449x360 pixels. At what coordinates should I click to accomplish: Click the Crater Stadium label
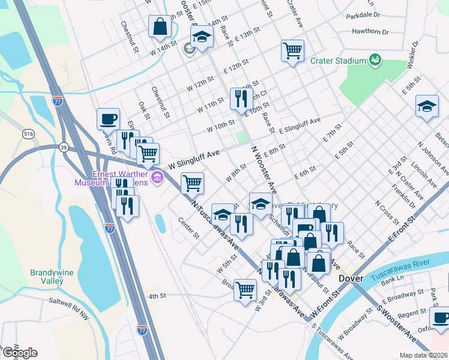point(338,61)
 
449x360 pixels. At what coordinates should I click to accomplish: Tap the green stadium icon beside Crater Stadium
point(375,59)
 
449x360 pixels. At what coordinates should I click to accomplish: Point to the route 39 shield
point(63,147)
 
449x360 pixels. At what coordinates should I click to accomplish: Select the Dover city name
point(351,279)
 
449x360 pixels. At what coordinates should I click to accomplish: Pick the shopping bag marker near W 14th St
point(160,26)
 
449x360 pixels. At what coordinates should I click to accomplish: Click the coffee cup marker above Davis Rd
point(108,119)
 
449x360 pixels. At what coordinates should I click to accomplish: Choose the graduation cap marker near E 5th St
point(427,107)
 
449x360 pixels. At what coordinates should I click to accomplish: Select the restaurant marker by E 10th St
point(241,98)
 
